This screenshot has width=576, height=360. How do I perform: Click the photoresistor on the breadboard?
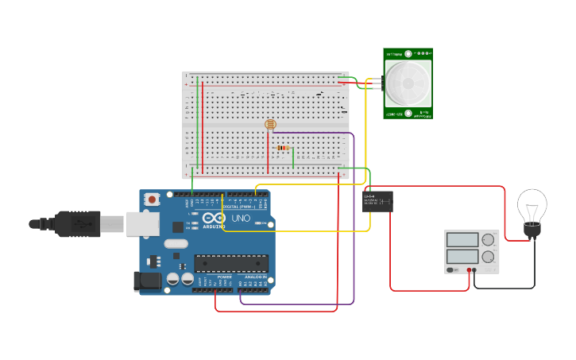270,124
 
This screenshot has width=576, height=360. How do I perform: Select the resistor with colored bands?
282,148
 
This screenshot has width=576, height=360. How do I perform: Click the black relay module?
377,201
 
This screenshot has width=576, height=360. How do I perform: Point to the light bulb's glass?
532,206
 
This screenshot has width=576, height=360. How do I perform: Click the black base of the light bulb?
532,230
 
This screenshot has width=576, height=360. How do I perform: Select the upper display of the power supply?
462,239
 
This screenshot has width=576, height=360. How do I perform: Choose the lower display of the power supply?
462,257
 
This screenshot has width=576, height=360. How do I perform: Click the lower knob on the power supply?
488,257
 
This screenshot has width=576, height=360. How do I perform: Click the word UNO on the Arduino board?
240,219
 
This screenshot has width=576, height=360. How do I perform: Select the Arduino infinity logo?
214,219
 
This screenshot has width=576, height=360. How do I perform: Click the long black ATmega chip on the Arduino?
231,263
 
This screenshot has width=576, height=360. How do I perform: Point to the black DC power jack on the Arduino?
147,281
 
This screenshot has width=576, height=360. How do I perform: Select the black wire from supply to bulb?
508,288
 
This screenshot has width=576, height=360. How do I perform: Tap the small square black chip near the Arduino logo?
178,227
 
